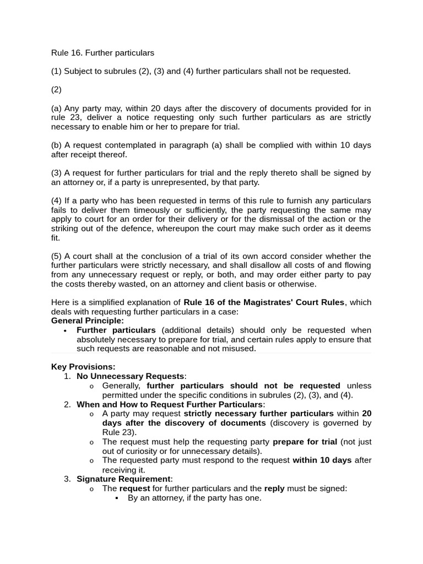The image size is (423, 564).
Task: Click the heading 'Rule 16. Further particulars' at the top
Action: click(102, 53)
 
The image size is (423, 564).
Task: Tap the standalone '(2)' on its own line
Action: click(56, 89)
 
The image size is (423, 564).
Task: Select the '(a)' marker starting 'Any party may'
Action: click(57, 108)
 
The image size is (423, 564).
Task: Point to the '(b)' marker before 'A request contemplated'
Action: click(57, 145)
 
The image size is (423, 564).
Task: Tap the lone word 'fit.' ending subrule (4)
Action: click(56, 238)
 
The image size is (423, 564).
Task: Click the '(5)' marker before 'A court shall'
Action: click(57, 256)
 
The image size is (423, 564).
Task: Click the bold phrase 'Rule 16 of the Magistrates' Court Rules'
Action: click(264, 302)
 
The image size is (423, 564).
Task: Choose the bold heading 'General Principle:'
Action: click(88, 321)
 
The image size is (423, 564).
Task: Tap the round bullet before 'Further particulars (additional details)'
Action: click(66, 330)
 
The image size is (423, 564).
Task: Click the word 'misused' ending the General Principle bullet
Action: click(240, 349)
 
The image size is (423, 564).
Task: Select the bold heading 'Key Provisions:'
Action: click(83, 367)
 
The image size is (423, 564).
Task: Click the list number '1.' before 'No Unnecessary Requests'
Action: click(67, 376)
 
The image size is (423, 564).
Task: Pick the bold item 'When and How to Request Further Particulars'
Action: click(169, 404)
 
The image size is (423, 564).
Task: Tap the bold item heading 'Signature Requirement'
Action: click(124, 479)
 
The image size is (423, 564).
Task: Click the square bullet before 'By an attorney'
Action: click(117, 498)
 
